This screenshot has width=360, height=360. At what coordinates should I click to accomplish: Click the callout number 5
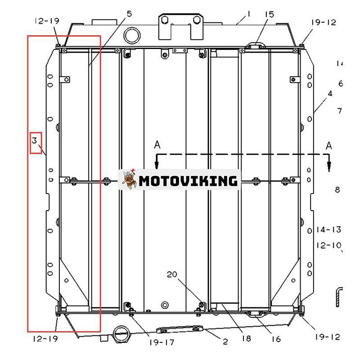(129, 14)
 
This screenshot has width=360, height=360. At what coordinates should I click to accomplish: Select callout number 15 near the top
(269, 14)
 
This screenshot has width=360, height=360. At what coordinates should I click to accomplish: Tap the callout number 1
(248, 14)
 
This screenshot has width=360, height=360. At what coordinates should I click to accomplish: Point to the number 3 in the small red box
(34, 140)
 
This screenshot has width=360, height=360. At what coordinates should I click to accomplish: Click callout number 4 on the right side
(330, 94)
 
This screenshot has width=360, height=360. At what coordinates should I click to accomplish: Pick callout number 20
(172, 274)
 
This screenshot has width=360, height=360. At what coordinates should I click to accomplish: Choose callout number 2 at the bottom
(225, 342)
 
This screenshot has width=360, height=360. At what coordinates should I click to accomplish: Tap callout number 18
(246, 338)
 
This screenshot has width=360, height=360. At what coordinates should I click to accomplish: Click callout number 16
(276, 339)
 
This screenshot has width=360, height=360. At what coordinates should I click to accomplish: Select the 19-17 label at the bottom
(162, 342)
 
